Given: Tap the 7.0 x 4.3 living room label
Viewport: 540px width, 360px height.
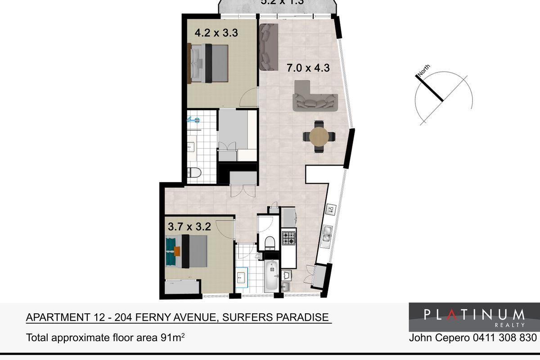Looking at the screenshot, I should [309, 68].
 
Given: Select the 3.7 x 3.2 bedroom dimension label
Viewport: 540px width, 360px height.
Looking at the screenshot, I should [189, 227].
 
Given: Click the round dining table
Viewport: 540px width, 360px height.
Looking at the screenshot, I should [319, 137].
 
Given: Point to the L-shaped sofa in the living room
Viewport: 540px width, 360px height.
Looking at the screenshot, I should [315, 97].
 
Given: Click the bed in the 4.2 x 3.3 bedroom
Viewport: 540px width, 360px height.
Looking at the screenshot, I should [210, 63].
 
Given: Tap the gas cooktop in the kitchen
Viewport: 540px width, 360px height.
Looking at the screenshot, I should [288, 237].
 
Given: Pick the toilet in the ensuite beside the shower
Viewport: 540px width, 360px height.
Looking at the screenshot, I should [194, 172].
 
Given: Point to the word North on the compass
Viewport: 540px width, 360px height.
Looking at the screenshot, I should [424, 70].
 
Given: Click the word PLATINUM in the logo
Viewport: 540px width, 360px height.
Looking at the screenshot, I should [474, 314].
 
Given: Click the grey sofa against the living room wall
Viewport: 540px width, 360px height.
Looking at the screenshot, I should [268, 47].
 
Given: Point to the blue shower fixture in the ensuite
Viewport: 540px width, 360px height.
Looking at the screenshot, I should [195, 120].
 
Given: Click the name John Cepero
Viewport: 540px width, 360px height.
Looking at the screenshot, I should [437, 337].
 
